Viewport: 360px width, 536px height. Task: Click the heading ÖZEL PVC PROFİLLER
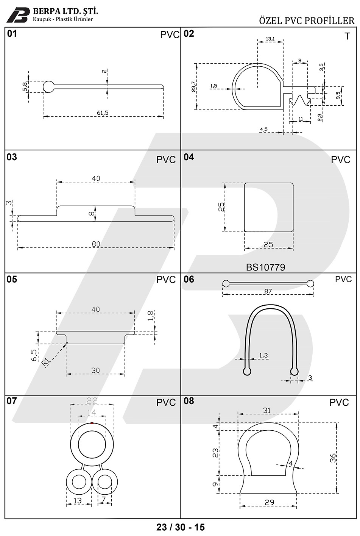[307, 20]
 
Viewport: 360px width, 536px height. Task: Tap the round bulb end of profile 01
[48, 87]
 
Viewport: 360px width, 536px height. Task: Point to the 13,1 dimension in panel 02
[270, 39]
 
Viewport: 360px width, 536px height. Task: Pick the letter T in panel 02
[347, 36]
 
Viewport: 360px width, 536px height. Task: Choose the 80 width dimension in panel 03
[96, 244]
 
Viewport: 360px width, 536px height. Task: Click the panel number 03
[12, 157]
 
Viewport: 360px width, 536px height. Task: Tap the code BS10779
[265, 267]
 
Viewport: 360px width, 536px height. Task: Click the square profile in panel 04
[269, 207]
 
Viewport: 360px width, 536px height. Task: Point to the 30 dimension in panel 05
[95, 370]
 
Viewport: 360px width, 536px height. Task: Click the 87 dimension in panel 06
[268, 291]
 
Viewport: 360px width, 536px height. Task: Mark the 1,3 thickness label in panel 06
[263, 355]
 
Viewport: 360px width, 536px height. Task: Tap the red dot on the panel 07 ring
[92, 423]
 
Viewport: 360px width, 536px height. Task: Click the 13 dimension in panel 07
[77, 500]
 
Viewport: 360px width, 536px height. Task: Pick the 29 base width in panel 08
[269, 503]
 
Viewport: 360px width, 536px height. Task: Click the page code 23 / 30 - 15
[180, 527]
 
